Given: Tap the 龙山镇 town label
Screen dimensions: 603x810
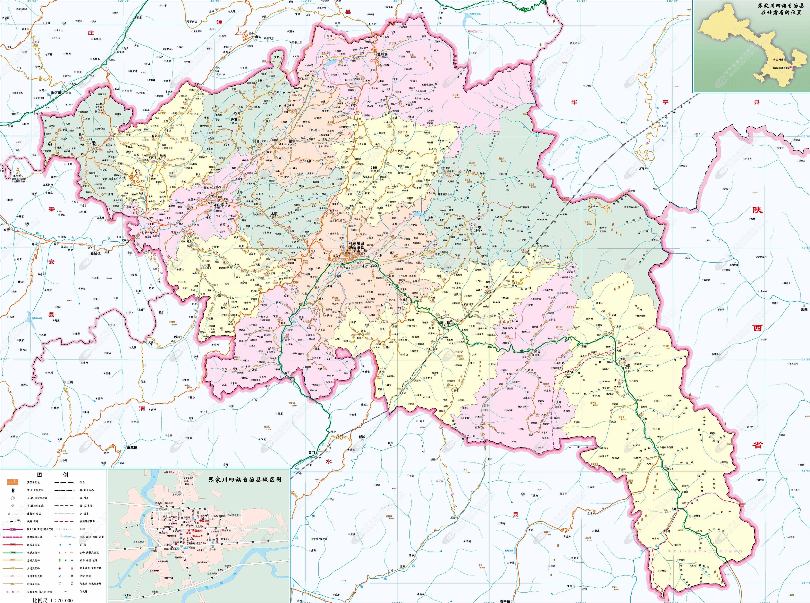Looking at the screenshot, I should (x=218, y=205).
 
